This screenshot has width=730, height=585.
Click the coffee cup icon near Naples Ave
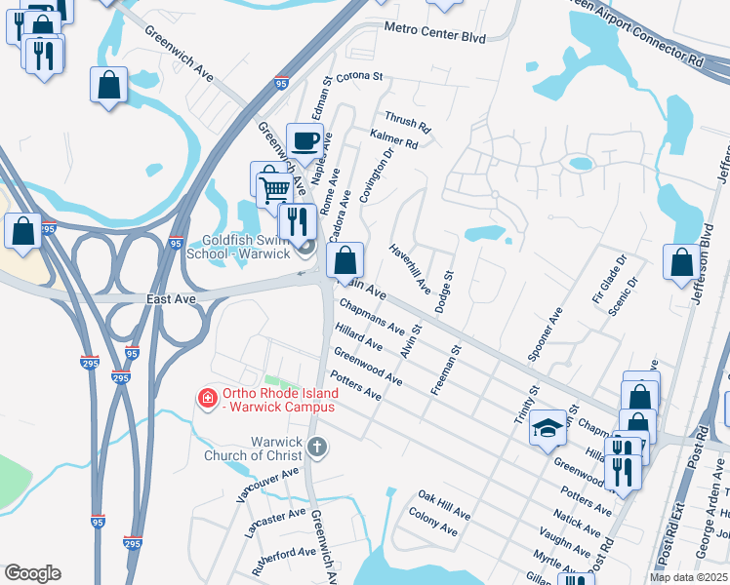click(304, 140)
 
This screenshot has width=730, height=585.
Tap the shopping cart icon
click(275, 187)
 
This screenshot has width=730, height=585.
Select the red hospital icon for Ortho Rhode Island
click(207, 398)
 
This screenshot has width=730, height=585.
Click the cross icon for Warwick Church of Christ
click(316, 448)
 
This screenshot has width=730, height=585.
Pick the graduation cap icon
click(548, 427)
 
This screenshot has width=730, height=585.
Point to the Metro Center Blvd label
click(434, 34)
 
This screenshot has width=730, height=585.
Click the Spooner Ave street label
click(545, 335)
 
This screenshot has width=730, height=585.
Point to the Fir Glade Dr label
click(608, 280)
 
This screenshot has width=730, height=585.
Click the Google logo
click(32, 573)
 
